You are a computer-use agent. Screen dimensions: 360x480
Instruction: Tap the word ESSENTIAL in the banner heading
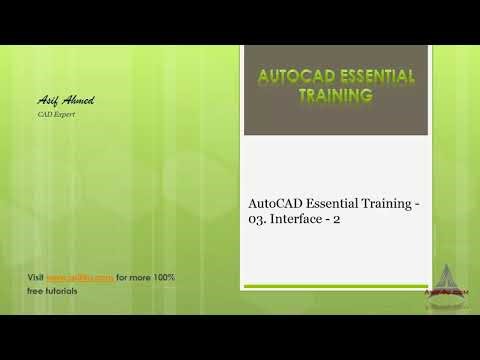click(x=374, y=76)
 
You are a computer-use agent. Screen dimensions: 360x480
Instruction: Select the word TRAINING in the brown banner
click(x=336, y=96)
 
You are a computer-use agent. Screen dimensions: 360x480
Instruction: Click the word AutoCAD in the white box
click(x=276, y=204)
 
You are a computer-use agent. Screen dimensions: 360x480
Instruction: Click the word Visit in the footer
click(x=34, y=276)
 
